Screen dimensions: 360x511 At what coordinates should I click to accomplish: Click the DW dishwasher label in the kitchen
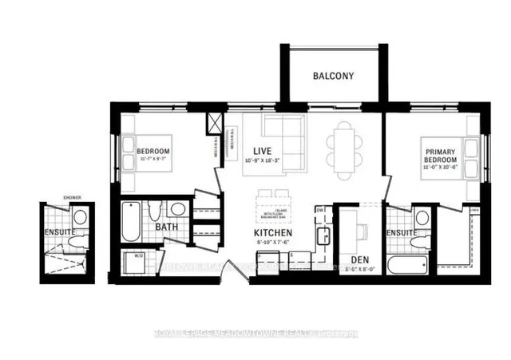pos(319,212)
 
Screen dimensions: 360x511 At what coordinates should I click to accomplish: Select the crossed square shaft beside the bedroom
pos(215,125)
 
